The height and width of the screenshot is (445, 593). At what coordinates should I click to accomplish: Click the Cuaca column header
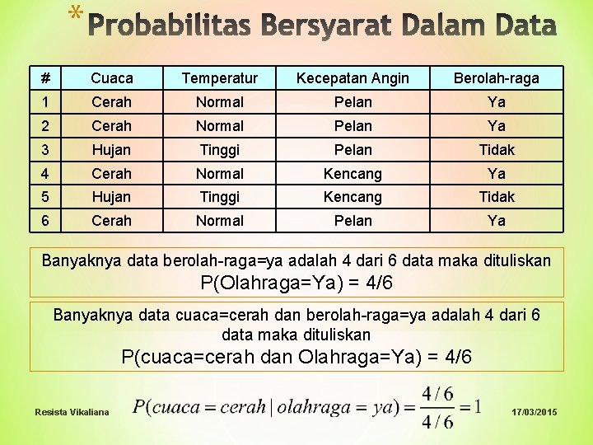click(x=112, y=78)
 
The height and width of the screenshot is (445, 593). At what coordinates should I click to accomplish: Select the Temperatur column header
click(x=219, y=78)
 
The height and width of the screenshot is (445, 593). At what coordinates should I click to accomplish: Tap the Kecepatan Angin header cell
click(x=353, y=78)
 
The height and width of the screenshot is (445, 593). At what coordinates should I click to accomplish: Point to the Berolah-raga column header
click(x=497, y=78)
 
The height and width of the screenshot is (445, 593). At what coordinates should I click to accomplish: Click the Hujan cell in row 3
click(x=112, y=150)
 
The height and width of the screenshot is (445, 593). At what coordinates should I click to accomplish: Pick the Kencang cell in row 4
click(x=353, y=174)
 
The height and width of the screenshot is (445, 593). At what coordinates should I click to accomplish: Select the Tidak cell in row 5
click(x=497, y=197)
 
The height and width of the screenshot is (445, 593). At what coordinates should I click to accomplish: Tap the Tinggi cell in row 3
click(x=219, y=150)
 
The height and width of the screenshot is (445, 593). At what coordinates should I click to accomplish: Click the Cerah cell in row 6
click(x=112, y=221)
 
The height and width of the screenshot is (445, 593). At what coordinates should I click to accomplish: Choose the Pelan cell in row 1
click(x=353, y=102)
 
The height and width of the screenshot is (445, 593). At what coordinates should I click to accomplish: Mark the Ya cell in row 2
click(x=497, y=126)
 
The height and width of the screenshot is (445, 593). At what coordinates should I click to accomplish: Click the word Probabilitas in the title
click(x=168, y=26)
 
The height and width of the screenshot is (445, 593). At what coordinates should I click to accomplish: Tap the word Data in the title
click(x=521, y=26)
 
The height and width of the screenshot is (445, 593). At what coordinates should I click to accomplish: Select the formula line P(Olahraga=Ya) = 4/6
click(x=296, y=283)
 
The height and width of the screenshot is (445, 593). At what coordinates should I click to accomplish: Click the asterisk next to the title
click(x=76, y=14)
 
